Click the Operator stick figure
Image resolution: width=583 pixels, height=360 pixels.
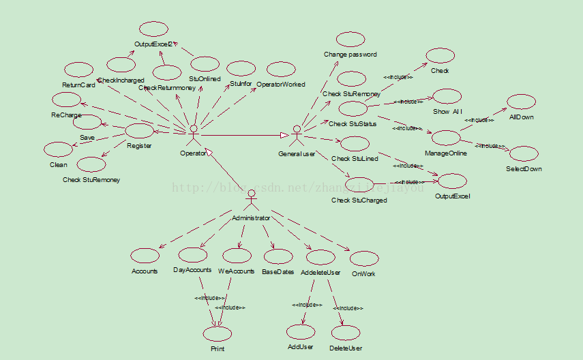(194, 135)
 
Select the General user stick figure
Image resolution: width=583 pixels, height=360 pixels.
(297, 135)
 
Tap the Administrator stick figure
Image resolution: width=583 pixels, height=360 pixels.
(251, 198)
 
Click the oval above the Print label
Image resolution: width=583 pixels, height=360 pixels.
(218, 333)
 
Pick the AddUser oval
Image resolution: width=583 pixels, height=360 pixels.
(301, 332)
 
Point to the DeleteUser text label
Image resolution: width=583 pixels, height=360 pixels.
(346, 348)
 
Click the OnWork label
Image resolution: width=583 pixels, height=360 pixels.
(363, 273)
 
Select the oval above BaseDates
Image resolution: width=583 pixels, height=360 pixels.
(278, 256)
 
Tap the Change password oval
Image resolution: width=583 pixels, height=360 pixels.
(350, 40)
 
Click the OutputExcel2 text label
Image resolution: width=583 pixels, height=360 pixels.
(154, 44)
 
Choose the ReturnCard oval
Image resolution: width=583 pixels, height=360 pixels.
(78, 70)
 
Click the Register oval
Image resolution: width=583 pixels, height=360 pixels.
(139, 131)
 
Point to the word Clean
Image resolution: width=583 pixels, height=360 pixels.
(59, 165)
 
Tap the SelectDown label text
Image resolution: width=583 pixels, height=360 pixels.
(524, 168)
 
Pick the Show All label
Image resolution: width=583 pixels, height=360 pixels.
(447, 110)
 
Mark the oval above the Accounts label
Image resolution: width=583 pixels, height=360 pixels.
(145, 256)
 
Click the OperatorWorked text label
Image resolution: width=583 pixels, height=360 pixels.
(281, 85)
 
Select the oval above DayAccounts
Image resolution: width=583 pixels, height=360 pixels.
(192, 255)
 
